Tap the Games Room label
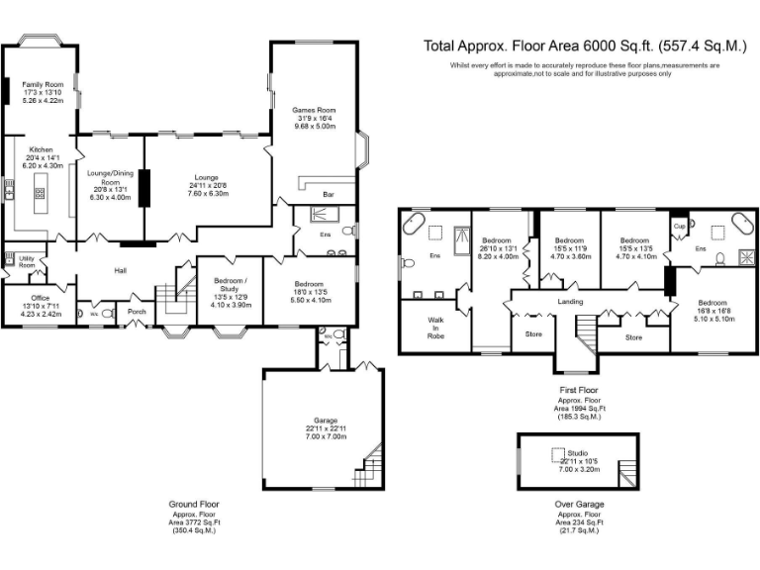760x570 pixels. pos(313,110)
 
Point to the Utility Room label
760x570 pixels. pos(27,262)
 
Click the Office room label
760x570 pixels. pos(41,297)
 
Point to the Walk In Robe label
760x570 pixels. pos(435,328)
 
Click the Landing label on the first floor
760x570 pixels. pos(570,302)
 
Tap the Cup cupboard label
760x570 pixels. pos(679,227)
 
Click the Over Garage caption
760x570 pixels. pos(577,504)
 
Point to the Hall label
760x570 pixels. pos(122,270)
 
